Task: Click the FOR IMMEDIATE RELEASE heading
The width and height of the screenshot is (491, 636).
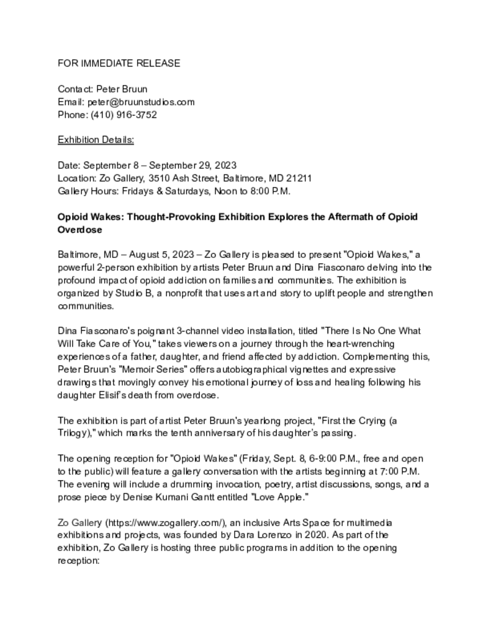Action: click(119, 63)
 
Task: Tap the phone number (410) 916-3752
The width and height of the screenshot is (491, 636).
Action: click(124, 115)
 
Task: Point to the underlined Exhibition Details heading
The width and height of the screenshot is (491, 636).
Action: click(96, 140)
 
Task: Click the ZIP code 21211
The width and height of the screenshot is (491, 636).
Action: click(299, 178)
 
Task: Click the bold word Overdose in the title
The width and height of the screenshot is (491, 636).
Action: click(79, 230)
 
